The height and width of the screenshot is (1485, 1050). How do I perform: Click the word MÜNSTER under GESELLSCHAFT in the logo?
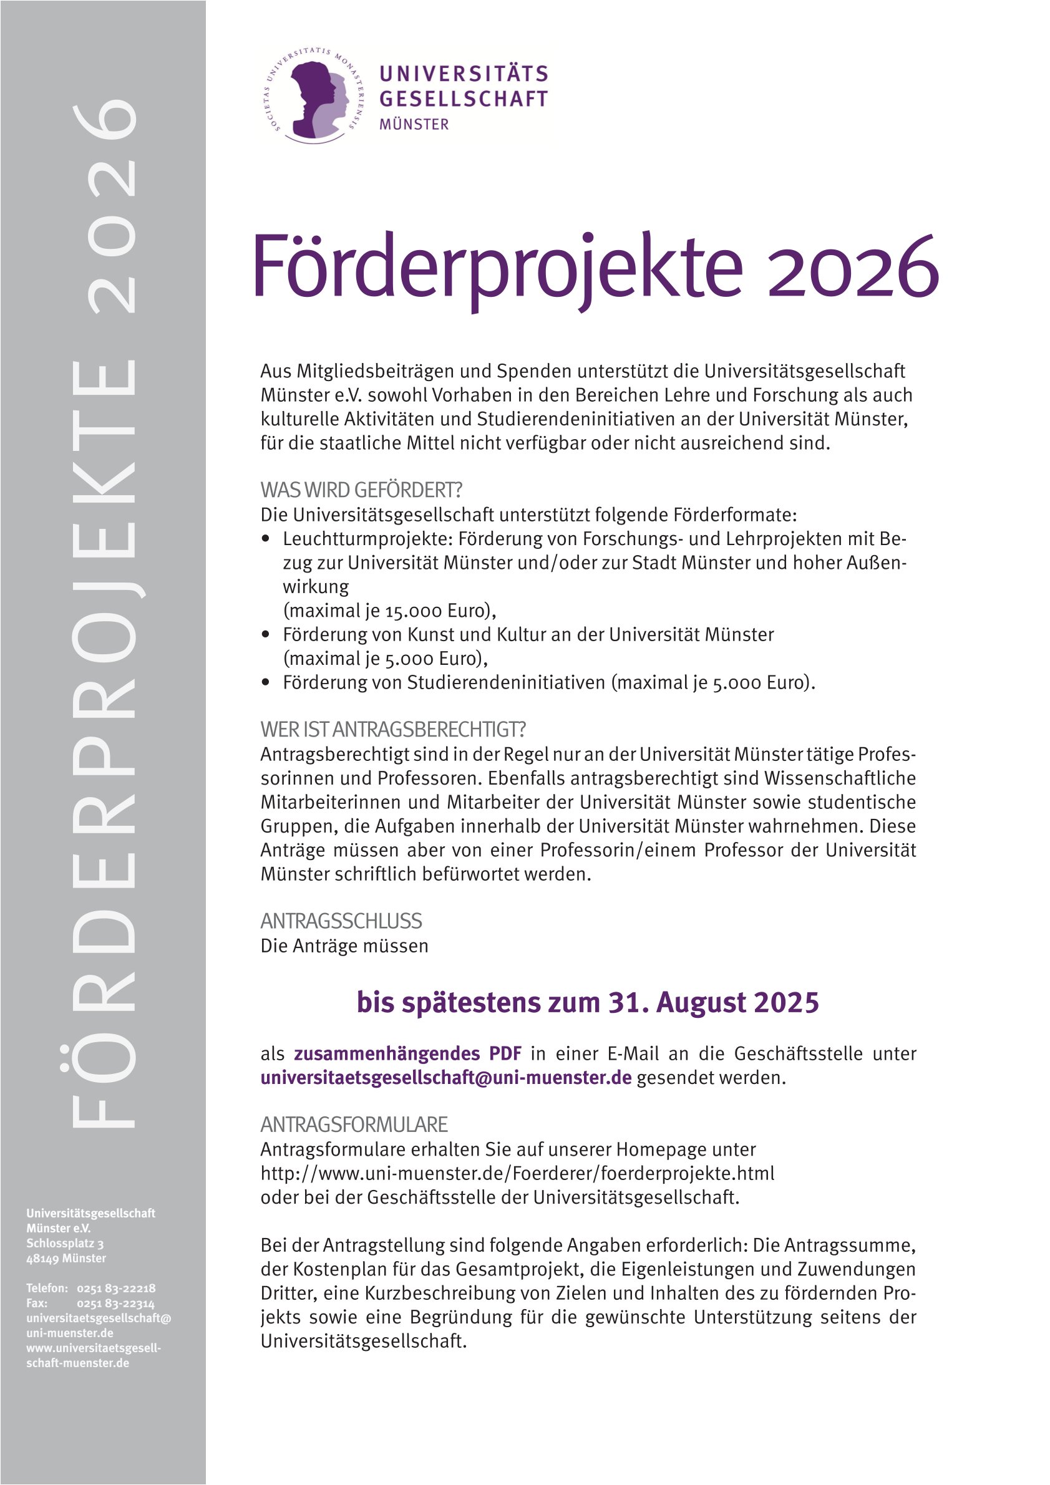tap(414, 124)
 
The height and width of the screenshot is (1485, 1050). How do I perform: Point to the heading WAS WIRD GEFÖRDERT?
tap(361, 490)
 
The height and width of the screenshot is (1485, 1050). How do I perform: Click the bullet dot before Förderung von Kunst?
tap(265, 634)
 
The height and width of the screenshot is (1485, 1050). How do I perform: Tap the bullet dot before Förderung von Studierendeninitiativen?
tap(265, 682)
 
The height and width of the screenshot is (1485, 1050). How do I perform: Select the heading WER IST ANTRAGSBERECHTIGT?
tap(392, 730)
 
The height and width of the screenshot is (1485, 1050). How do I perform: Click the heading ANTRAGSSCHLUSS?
tap(341, 921)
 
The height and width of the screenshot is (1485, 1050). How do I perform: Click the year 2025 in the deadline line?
tap(787, 1003)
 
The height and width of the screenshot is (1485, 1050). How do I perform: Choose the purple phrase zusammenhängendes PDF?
tap(407, 1053)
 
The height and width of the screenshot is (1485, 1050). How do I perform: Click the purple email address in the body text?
tap(445, 1078)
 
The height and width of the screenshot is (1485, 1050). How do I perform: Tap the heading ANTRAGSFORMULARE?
tap(354, 1125)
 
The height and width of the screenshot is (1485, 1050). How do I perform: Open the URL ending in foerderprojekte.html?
tap(517, 1173)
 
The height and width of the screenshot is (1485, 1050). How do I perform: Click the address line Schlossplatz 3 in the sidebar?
tap(65, 1243)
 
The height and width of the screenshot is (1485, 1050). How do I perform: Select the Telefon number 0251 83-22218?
tap(116, 1289)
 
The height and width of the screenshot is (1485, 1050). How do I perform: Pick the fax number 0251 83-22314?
tap(116, 1304)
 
